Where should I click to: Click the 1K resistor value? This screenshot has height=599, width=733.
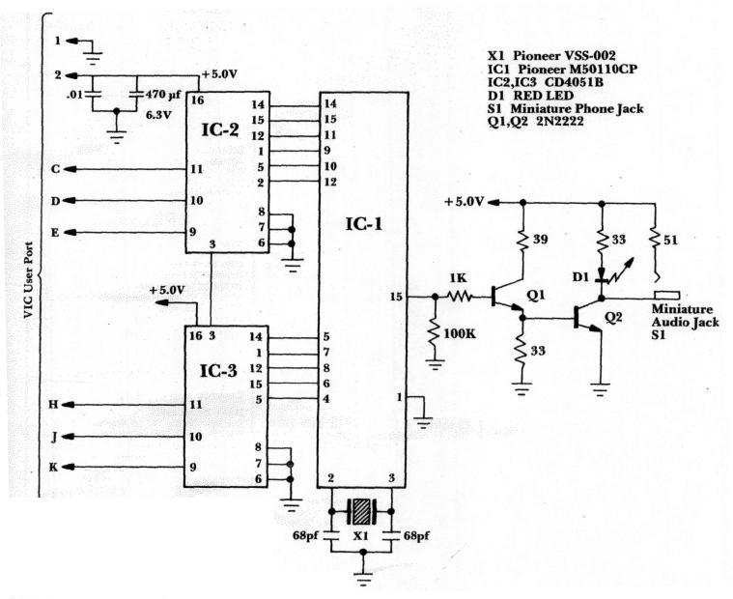(x=455, y=278)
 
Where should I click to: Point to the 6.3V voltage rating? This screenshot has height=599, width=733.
(x=158, y=113)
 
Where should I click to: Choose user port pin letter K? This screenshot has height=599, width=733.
(x=56, y=468)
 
